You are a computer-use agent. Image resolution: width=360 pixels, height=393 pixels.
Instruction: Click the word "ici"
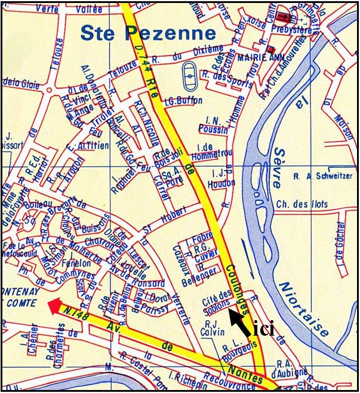point(263,329)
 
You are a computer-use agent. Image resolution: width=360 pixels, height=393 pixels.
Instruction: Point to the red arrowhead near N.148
point(54,305)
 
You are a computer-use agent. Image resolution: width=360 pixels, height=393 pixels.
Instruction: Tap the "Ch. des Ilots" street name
point(302,204)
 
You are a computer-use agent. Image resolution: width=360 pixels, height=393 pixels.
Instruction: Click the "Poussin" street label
point(213,130)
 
